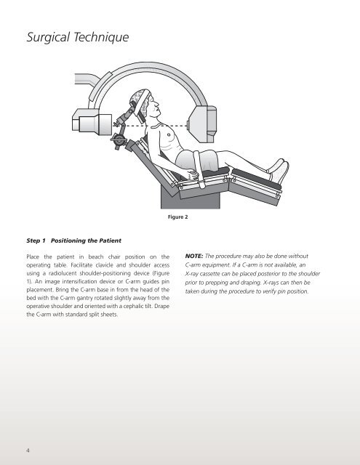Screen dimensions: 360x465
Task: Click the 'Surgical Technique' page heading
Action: pos(78,37)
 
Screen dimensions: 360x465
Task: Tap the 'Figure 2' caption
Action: pos(177,217)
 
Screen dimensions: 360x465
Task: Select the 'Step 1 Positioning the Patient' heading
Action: pos(73,240)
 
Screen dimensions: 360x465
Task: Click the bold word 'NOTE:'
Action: pos(194,256)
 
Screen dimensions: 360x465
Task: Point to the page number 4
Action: pos(28,450)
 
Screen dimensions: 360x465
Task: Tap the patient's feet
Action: pos(279,171)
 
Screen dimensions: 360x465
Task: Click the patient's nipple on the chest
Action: pos(169,135)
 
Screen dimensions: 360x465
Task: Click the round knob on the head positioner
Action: pos(119,139)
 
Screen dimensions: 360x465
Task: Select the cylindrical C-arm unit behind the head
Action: pos(92,122)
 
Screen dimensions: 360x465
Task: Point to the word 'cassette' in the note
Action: pos(210,274)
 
